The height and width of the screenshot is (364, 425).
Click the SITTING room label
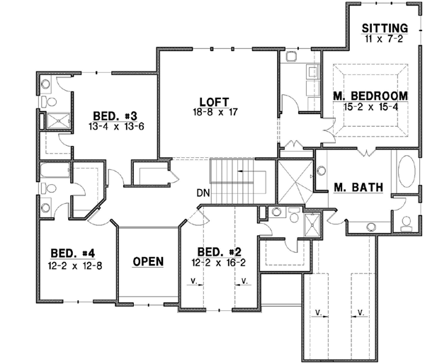pos(385,28)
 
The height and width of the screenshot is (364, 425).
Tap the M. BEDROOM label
pos(370,96)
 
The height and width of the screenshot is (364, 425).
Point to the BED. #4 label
pos(69,254)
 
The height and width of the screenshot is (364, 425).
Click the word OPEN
pos(148,261)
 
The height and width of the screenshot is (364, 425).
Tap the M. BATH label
pos(358,188)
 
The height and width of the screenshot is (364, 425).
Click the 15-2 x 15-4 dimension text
pos(370,106)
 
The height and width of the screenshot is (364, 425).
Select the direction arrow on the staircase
pos(245,171)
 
